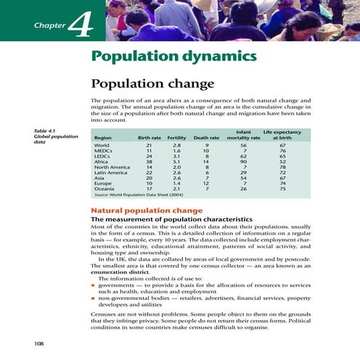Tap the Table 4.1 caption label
(45, 131)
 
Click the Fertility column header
(177, 136)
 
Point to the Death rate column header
(207, 136)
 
